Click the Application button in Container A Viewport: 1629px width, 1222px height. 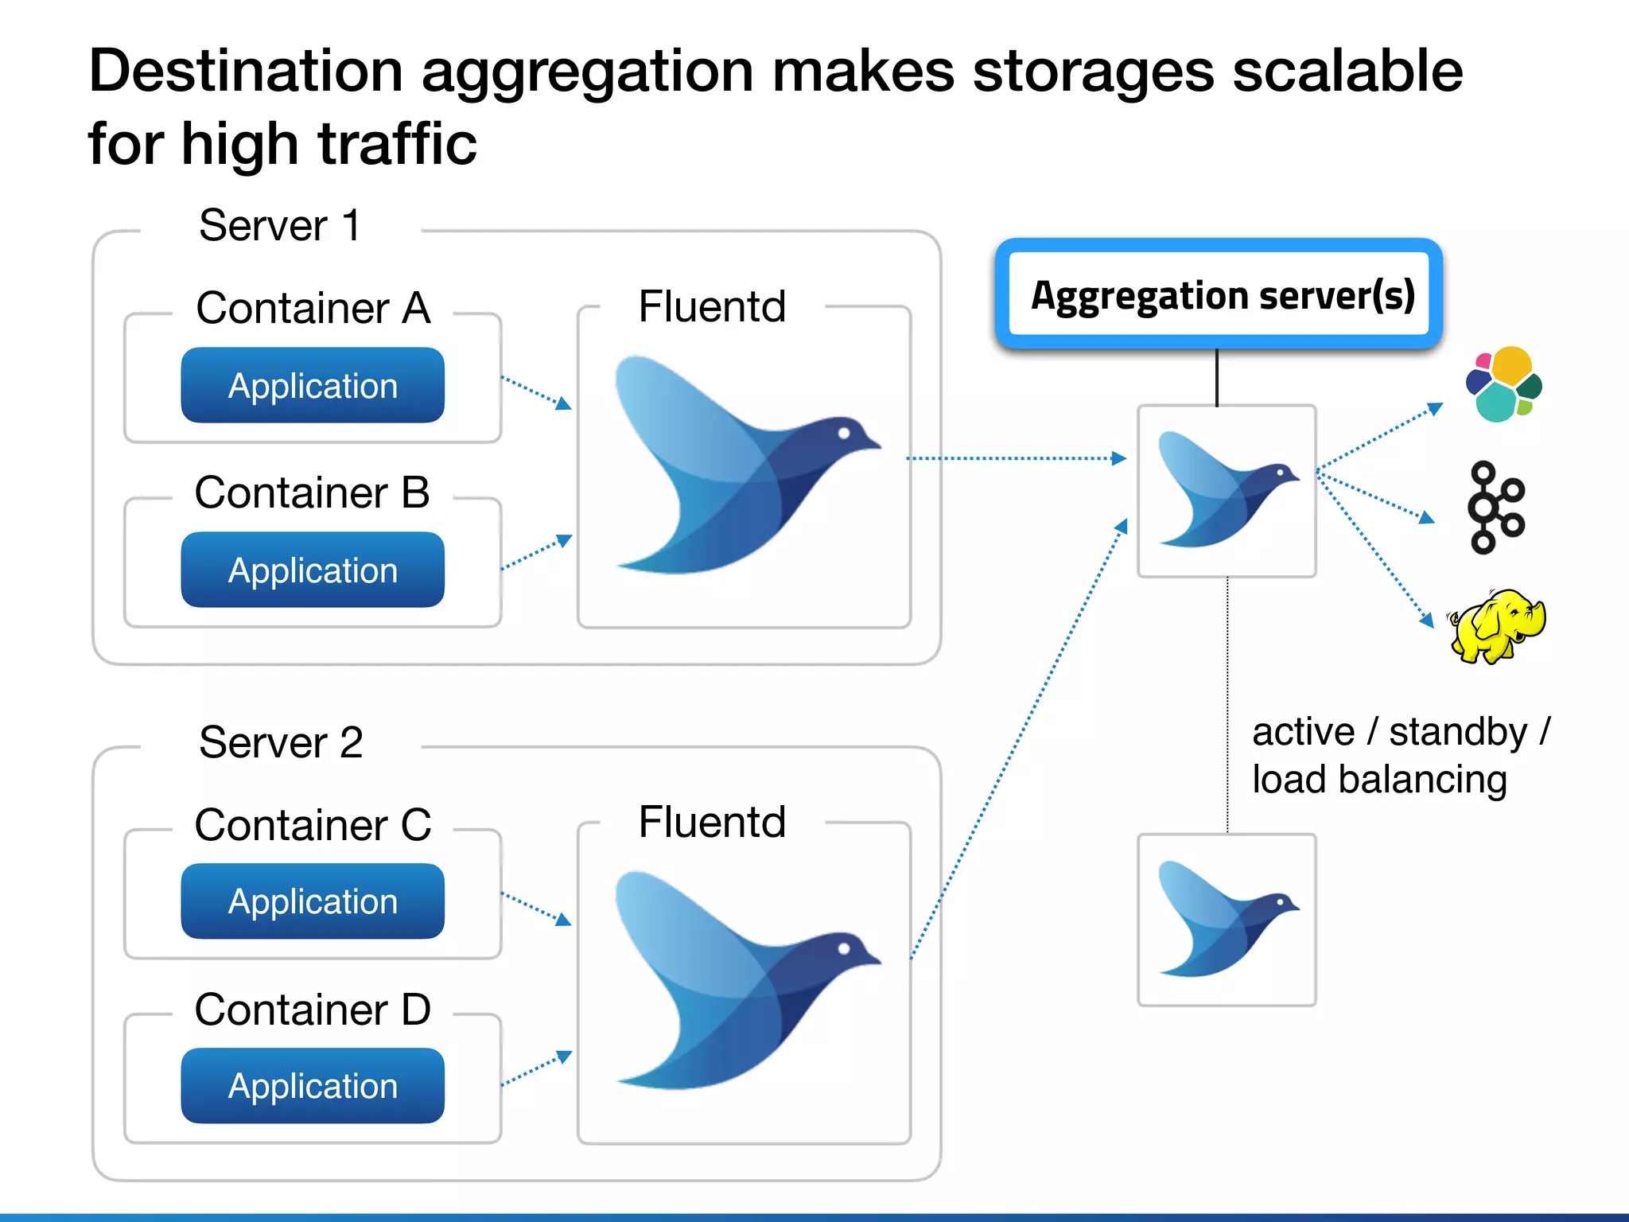[313, 385]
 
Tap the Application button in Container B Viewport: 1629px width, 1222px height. [313, 570]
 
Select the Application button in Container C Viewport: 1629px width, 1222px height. [313, 901]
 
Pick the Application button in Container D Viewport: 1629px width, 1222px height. [313, 1085]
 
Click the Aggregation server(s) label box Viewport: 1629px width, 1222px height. [1219, 295]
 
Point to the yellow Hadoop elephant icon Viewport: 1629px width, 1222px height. [1497, 626]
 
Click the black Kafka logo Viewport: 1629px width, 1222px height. [1495, 508]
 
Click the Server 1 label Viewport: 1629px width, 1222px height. [280, 226]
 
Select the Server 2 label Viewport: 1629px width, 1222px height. [281, 742]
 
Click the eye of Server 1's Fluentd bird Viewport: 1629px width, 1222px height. [844, 433]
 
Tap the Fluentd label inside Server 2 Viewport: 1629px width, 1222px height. [712, 822]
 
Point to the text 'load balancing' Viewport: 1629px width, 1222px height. [1379, 780]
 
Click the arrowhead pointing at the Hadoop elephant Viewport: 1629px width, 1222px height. [1427, 620]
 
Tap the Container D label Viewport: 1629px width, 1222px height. [313, 1010]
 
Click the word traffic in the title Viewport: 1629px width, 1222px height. [397, 145]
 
